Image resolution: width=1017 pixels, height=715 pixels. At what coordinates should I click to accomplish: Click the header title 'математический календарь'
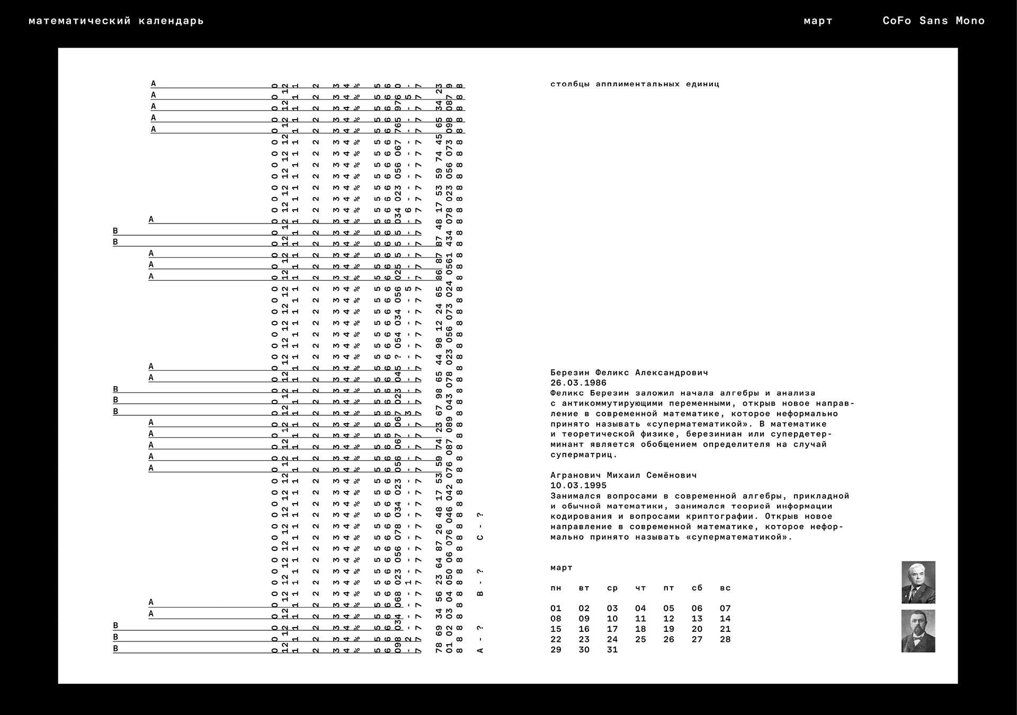[x=116, y=21]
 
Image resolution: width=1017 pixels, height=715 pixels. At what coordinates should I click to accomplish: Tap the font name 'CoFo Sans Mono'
[x=933, y=21]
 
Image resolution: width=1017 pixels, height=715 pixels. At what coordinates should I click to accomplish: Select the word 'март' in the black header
[x=818, y=21]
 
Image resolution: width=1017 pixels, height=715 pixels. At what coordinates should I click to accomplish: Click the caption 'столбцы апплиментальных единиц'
[x=635, y=84]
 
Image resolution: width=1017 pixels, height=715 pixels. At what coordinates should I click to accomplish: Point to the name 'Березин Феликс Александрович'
[x=629, y=373]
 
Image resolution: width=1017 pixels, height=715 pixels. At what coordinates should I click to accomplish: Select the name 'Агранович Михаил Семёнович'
[x=623, y=476]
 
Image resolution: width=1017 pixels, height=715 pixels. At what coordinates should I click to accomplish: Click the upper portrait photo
[x=918, y=582]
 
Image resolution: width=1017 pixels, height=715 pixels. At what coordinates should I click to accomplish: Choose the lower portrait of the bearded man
[x=918, y=631]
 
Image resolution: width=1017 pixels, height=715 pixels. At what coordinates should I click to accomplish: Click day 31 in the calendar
[x=612, y=650]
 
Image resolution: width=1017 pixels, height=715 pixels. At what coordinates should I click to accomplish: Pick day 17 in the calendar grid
[x=612, y=629]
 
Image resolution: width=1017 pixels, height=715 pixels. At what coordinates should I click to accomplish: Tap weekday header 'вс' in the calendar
[x=725, y=588]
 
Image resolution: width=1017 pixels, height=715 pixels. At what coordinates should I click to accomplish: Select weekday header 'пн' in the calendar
[x=556, y=588]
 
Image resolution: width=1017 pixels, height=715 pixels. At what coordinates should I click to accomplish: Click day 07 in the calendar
[x=725, y=609]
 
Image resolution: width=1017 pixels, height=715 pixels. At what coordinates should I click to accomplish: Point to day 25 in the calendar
[x=640, y=639]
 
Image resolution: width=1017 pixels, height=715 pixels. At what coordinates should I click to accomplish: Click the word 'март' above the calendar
[x=561, y=568]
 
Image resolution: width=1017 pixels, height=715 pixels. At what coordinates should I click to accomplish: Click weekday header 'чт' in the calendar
[x=640, y=588]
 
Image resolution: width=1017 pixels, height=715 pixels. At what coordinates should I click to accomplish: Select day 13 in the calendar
[x=697, y=619]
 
